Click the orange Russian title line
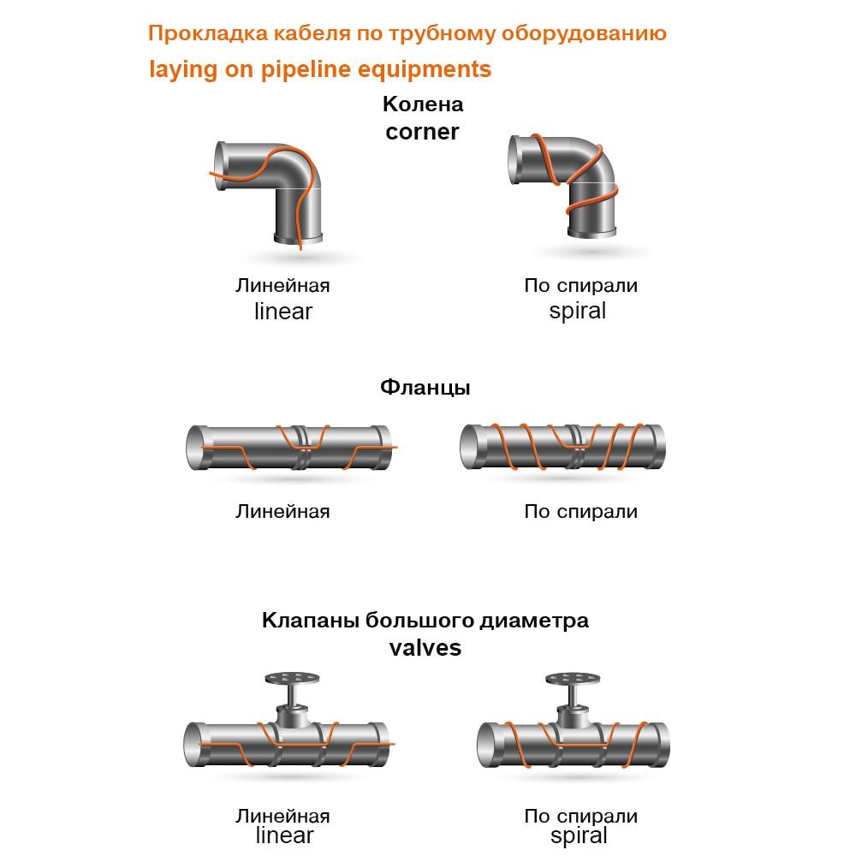tap(407, 34)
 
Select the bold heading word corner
tap(422, 132)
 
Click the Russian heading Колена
tap(423, 104)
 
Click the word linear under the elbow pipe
tap(283, 312)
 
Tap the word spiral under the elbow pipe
tap(578, 312)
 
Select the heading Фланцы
tap(425, 387)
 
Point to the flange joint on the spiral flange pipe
tap(575, 447)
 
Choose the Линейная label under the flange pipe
tap(282, 512)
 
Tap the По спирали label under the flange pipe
tap(581, 512)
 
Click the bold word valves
tap(425, 648)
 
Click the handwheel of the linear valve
tap(292, 679)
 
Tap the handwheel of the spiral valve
tap(573, 679)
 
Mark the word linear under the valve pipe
tap(284, 835)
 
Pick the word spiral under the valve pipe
tap(579, 836)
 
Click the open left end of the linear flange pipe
tap(195, 448)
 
